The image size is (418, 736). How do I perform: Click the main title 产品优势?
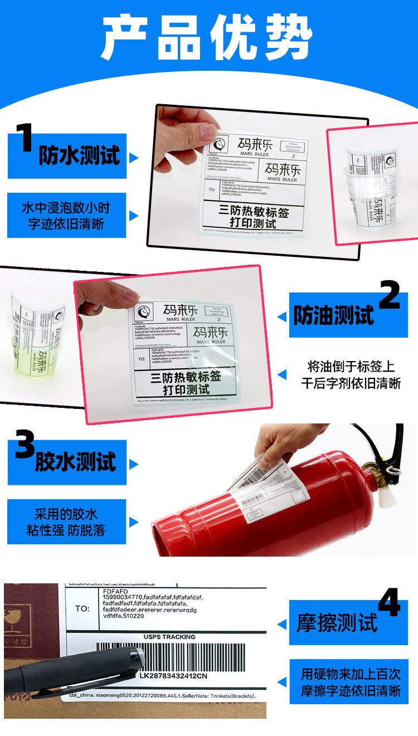[207, 37]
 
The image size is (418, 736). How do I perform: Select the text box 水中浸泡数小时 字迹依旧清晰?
[66, 216]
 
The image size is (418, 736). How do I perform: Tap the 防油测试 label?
[333, 315]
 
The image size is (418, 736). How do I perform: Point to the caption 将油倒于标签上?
[351, 367]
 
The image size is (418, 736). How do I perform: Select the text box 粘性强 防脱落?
[66, 530]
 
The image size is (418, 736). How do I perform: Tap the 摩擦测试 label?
[337, 623]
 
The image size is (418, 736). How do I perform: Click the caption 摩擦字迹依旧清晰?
[351, 691]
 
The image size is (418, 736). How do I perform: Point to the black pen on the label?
[72, 671]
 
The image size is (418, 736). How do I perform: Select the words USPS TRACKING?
[169, 637]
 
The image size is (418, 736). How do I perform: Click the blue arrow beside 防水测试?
[133, 158]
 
